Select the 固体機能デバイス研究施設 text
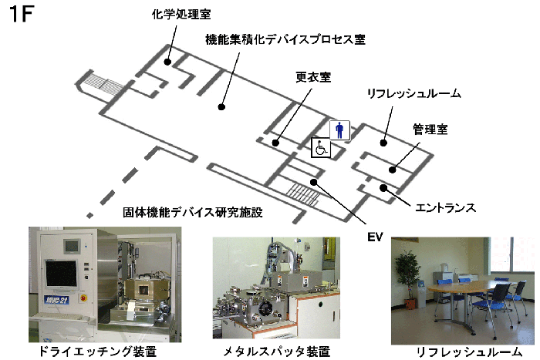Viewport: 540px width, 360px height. [x=192, y=211]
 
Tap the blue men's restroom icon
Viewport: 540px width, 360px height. [x=340, y=130]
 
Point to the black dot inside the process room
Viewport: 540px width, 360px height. [x=221, y=108]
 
